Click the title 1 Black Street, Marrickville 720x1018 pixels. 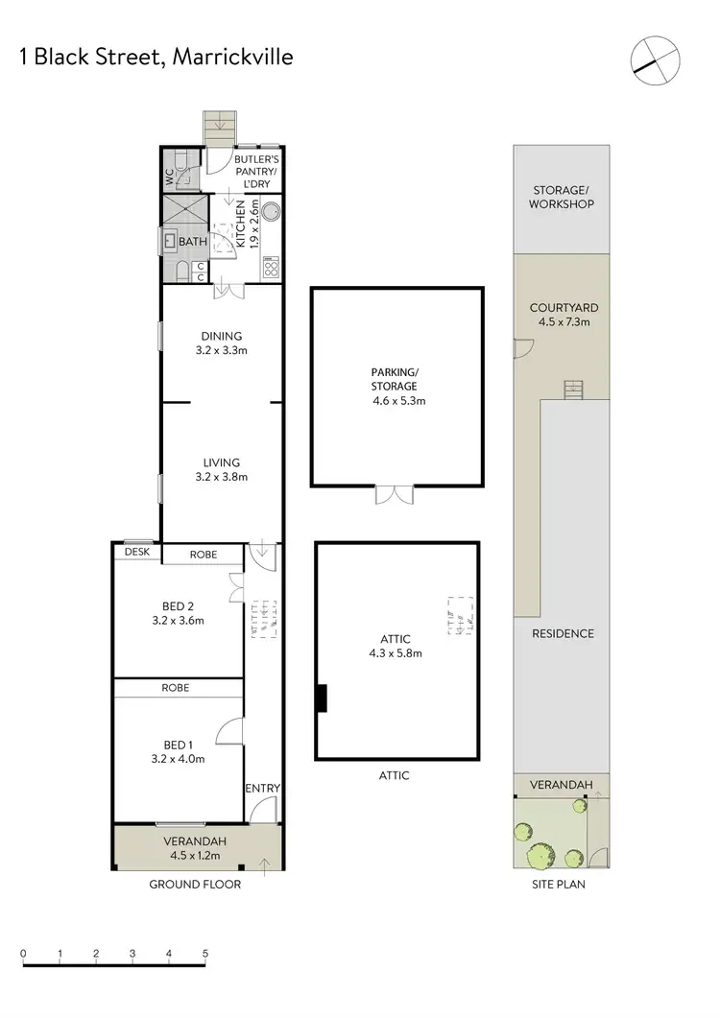pos(156,57)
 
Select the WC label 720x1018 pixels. pos(170,177)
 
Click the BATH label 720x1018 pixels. pos(193,241)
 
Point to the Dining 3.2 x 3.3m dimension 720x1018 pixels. pos(222,350)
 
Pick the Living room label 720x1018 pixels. pos(222,462)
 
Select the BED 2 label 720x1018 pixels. pos(179,605)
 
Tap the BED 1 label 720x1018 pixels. pos(179,745)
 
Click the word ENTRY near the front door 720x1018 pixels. pos(262,789)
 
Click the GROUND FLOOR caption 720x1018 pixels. pos(195,885)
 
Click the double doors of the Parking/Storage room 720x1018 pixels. pos(394,495)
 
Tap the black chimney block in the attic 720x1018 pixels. pos(323,698)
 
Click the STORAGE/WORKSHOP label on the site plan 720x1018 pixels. pos(561,197)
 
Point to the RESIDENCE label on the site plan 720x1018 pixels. pos(563,633)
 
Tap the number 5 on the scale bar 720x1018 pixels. pos(205,954)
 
